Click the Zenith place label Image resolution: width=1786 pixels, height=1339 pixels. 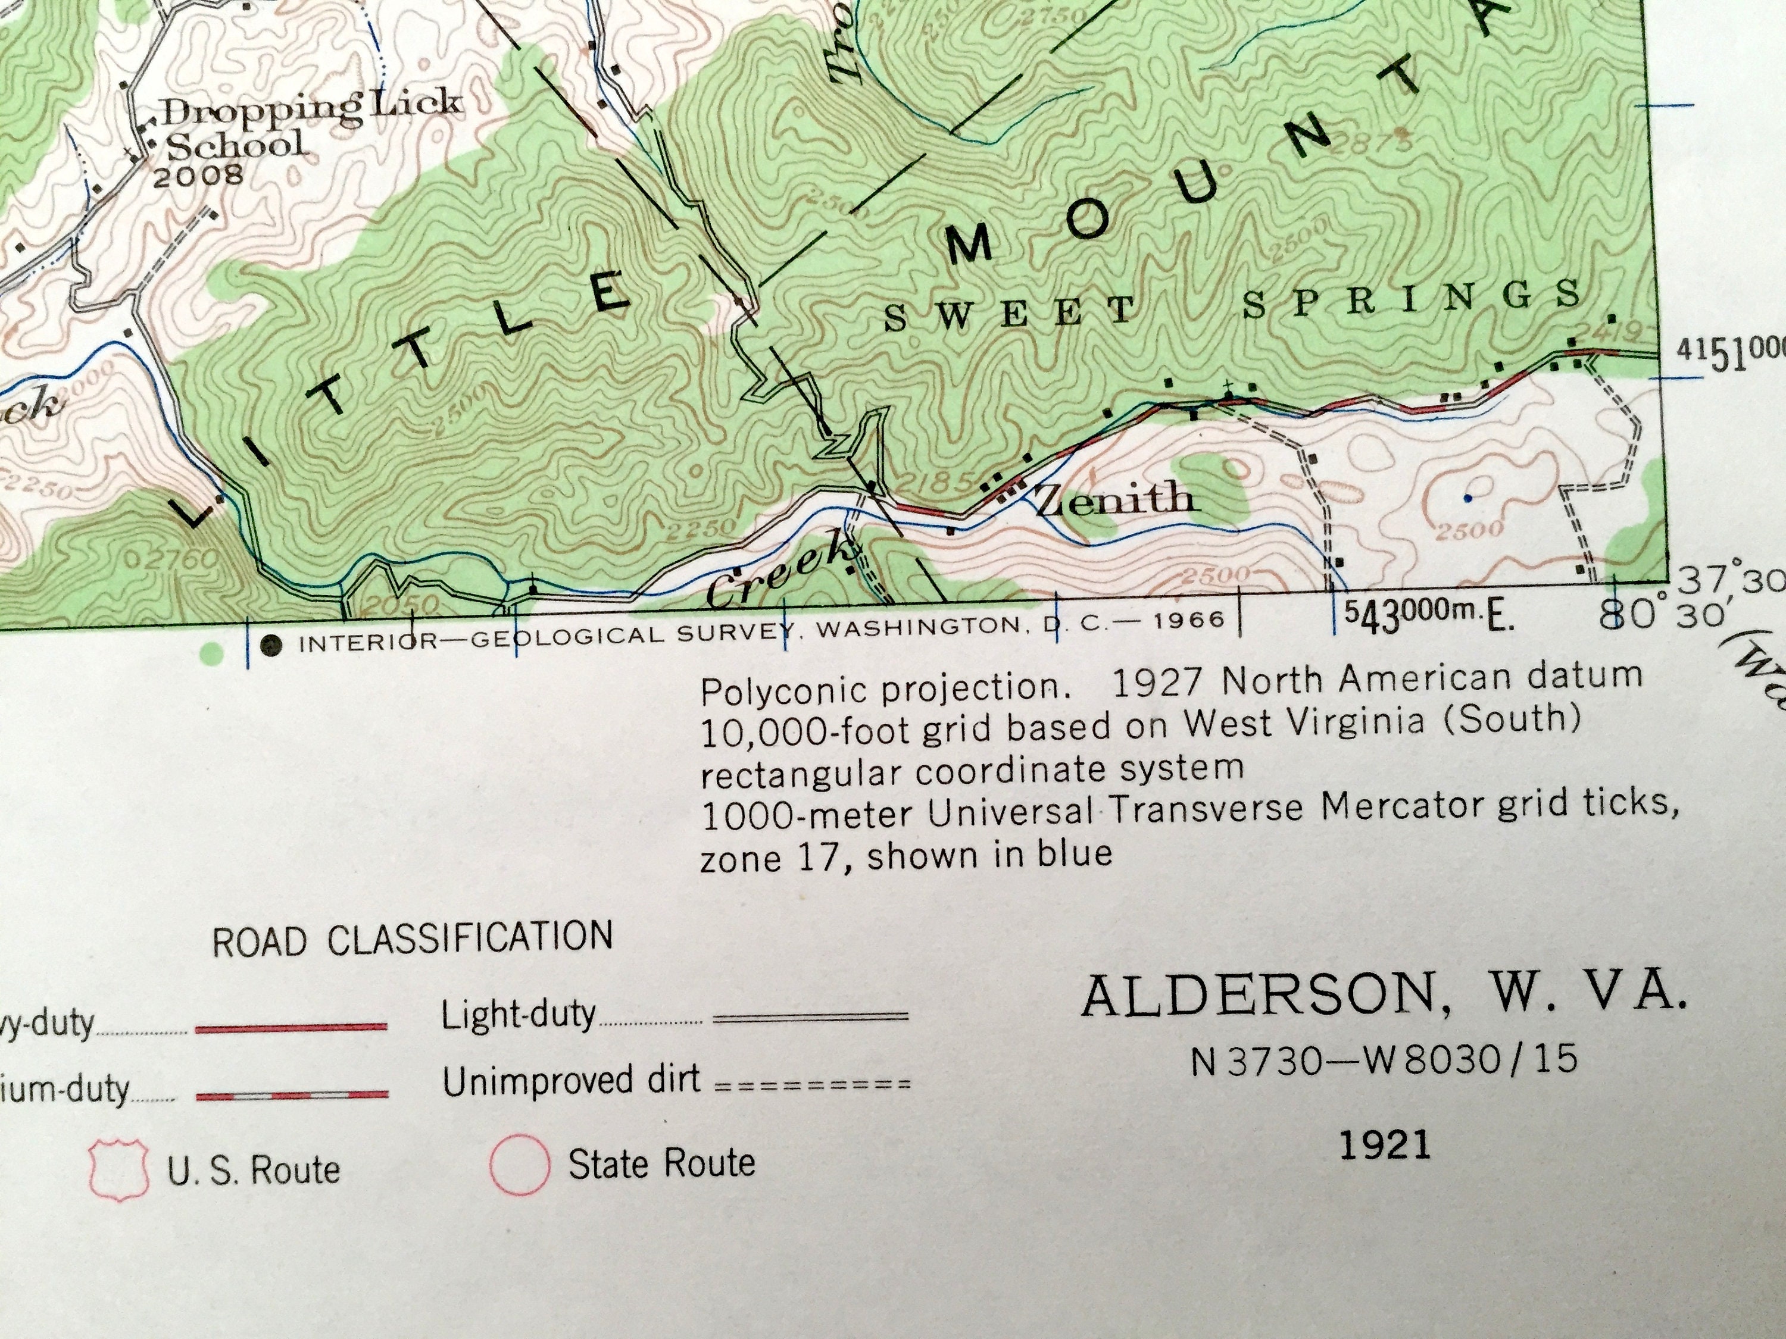tap(1114, 500)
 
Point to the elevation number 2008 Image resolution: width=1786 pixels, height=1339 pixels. tap(198, 175)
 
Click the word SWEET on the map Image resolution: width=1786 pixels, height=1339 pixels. tap(1009, 313)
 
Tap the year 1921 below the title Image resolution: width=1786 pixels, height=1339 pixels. tap(1385, 1144)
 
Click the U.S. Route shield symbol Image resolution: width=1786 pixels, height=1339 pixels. tap(118, 1168)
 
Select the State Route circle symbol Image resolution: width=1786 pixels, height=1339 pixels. tap(519, 1165)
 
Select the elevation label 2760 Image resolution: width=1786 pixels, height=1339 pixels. tap(174, 559)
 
